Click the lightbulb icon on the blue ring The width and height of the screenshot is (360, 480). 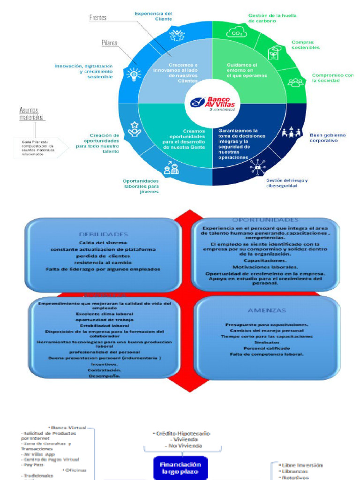coord(134,74)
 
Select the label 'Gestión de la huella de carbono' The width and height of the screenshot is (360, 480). coord(272,18)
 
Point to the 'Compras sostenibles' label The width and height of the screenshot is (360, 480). coord(306,45)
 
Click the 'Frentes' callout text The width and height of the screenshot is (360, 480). coord(98,18)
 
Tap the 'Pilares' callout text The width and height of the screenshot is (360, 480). coord(109,43)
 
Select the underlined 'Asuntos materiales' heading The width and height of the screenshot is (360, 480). coord(32,113)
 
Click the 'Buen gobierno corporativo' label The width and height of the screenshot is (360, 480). coord(328,137)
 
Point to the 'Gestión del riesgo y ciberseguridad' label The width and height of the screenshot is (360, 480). coord(287,182)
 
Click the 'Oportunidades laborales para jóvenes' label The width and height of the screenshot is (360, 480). coord(141,186)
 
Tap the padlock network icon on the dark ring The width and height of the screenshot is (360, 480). coord(257,166)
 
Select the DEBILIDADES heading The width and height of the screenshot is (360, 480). coord(104,234)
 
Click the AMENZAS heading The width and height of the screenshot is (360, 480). coord(267,310)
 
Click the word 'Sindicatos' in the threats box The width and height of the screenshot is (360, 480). coord(267,342)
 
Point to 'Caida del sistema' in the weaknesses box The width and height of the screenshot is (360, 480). coord(104,242)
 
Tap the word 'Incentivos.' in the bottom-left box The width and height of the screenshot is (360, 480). coord(105,364)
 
